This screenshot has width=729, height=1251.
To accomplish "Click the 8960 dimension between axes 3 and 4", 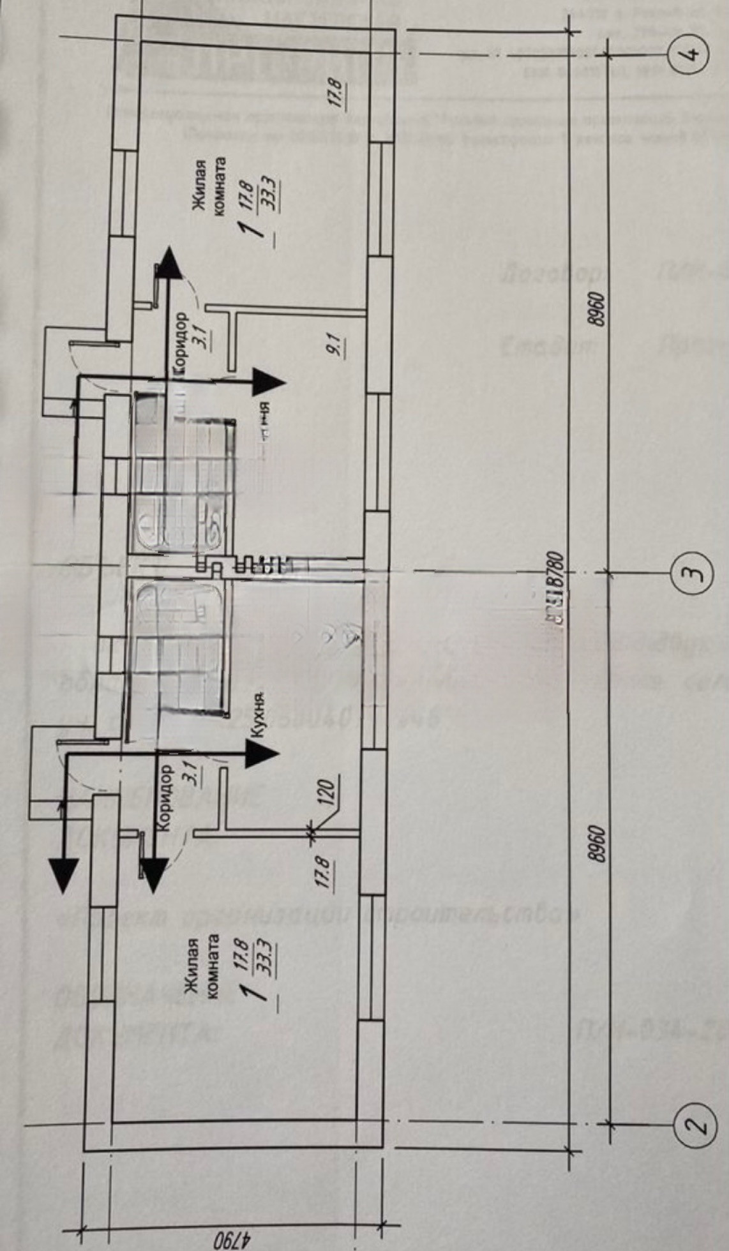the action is pos(597,310).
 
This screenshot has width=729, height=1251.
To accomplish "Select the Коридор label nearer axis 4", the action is pos(181,341).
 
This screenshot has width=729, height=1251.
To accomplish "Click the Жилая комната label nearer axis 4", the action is pos(209,190).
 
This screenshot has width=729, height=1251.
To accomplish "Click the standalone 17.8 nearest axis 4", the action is pos(338,94).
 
